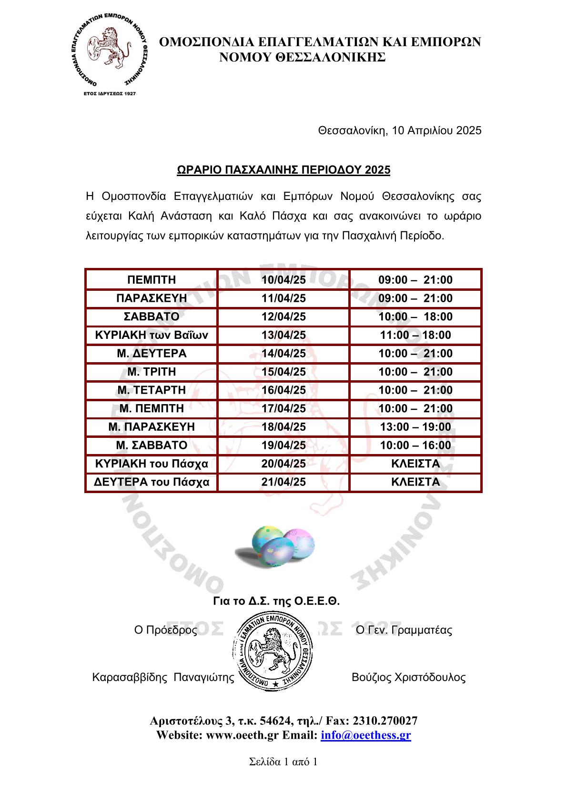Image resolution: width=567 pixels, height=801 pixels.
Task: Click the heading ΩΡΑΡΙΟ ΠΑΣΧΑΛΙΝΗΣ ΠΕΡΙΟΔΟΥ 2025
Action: [283, 170]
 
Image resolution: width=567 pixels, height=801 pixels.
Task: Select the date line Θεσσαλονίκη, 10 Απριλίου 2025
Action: [399, 130]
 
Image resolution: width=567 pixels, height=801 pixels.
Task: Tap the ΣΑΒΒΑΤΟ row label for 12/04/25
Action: [152, 316]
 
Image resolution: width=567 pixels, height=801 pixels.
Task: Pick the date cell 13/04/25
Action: [283, 335]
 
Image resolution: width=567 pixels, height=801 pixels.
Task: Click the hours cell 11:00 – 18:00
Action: [415, 335]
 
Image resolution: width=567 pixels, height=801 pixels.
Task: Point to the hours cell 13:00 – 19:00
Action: [415, 427]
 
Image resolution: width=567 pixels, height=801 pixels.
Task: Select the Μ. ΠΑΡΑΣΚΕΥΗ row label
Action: [152, 427]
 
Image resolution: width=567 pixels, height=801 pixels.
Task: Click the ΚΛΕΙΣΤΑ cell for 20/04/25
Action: [415, 464]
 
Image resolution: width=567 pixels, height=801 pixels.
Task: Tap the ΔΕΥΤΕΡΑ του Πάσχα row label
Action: [152, 482]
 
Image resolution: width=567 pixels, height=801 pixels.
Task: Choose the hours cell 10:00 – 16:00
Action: [415, 445]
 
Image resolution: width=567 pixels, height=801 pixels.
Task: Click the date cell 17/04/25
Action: [283, 408]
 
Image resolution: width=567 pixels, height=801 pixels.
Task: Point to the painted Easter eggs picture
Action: [275, 546]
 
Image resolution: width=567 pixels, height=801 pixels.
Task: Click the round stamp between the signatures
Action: [273, 651]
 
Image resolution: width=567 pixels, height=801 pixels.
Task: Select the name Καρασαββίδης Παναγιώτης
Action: [163, 677]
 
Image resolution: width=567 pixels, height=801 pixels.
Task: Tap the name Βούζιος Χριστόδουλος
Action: [408, 677]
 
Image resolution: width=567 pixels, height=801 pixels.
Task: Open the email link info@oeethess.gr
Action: [365, 735]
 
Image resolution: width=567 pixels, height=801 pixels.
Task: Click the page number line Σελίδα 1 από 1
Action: [283, 761]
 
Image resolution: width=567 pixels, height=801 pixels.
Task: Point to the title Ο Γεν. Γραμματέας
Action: [404, 630]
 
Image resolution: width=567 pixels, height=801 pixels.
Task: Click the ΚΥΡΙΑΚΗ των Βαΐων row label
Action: [152, 335]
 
